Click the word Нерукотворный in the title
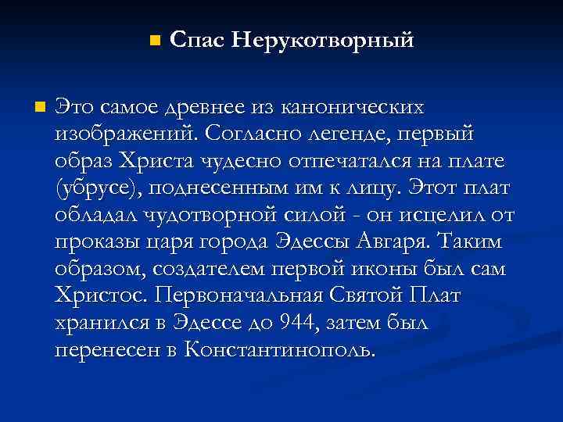point(322,39)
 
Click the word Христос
point(102,295)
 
